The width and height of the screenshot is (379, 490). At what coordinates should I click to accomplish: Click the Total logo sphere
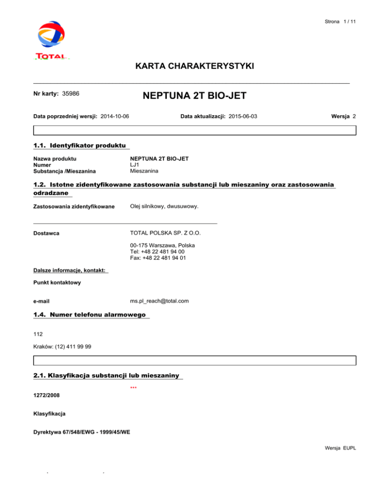(x=51, y=34)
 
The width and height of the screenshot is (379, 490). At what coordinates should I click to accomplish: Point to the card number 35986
(x=72, y=93)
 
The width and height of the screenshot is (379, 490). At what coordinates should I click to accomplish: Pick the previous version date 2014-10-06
(x=118, y=116)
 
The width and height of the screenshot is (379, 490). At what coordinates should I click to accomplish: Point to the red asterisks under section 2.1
(x=133, y=388)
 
